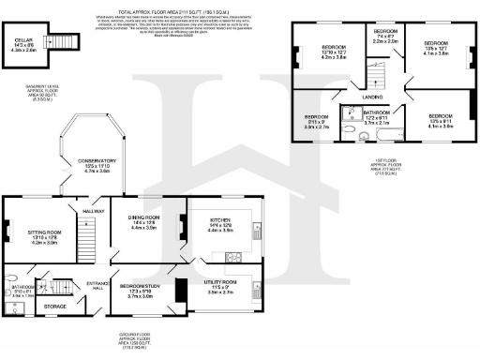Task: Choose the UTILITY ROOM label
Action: [221, 282]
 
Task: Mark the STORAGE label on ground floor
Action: [55, 306]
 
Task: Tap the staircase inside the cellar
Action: [63, 40]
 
